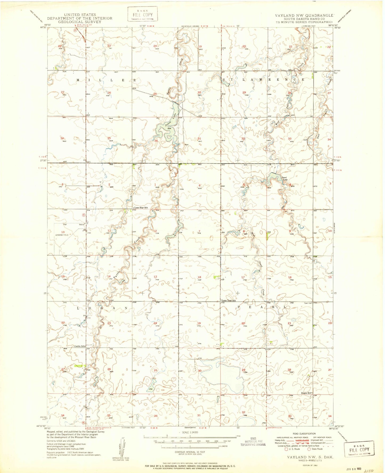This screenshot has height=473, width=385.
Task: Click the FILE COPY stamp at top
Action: (x=142, y=15)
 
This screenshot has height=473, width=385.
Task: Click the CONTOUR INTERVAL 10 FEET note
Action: (x=189, y=452)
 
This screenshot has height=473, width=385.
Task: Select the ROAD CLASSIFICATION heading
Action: (x=304, y=434)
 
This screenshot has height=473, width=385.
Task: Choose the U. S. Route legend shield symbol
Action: (x=287, y=449)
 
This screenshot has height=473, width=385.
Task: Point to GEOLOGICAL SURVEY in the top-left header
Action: (x=80, y=22)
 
